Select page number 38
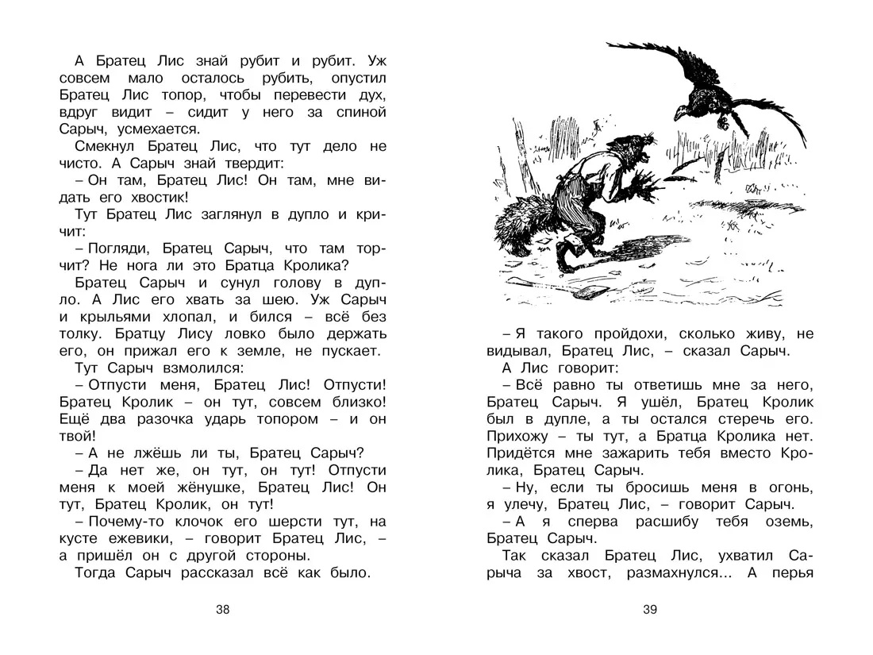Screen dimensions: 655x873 [222, 610]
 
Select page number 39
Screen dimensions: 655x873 [651, 610]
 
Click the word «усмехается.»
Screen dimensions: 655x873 [163, 129]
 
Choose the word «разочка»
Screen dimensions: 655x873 [165, 419]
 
